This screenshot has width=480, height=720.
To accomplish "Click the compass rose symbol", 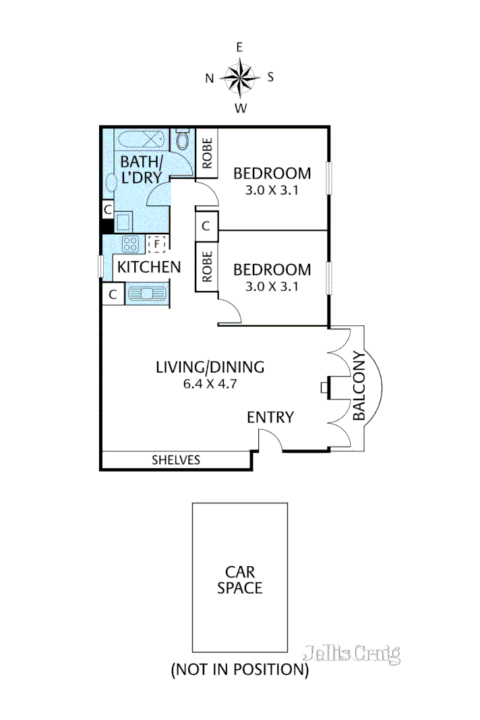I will [x=239, y=77].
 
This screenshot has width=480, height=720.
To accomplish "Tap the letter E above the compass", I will [x=239, y=47].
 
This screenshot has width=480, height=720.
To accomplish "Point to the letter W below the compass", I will [x=239, y=108].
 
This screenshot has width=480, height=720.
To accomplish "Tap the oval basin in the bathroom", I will [x=111, y=183].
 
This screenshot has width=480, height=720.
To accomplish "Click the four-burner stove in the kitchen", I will [x=129, y=243].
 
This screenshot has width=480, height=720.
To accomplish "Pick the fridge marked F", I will [x=156, y=243].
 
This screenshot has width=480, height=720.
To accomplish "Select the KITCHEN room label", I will [x=149, y=267].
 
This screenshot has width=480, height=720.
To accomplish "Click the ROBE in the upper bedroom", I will [x=207, y=153].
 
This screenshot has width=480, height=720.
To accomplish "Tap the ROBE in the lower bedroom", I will [x=207, y=267].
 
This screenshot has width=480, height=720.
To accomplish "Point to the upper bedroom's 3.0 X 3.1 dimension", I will [x=272, y=190].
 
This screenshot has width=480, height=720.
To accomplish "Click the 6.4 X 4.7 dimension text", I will [x=210, y=385].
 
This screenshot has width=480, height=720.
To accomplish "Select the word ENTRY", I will [x=270, y=418].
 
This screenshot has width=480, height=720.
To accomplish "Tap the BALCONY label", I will [x=359, y=386].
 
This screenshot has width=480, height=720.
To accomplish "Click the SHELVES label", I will [x=176, y=460].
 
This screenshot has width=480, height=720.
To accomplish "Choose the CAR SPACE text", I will [x=239, y=578].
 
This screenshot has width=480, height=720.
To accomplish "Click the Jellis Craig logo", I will [x=351, y=653].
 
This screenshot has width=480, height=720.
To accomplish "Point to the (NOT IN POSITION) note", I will [x=239, y=670].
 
